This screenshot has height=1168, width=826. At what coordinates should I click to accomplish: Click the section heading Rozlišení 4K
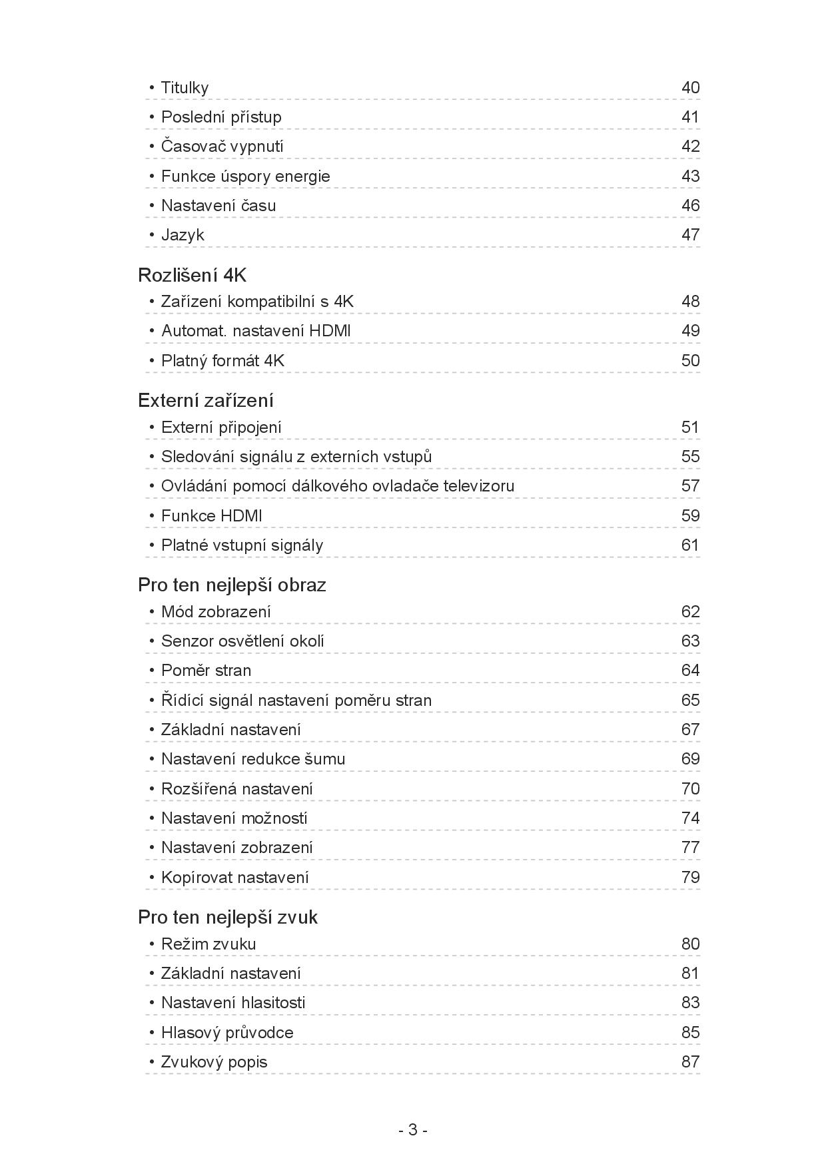[192, 275]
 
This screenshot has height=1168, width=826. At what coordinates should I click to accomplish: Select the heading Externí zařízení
[206, 400]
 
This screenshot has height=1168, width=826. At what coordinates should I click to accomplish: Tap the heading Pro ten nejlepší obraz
[232, 585]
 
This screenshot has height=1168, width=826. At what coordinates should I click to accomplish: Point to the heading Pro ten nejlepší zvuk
[227, 917]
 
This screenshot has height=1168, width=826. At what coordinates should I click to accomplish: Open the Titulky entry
[185, 88]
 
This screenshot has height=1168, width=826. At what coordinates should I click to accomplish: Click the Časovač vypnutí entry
[222, 146]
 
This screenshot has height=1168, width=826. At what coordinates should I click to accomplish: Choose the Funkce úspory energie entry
[245, 176]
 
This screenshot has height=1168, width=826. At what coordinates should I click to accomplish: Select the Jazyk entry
[183, 235]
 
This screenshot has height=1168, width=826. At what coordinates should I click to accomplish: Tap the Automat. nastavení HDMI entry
[256, 331]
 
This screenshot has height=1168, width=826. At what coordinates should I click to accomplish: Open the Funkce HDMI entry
[211, 516]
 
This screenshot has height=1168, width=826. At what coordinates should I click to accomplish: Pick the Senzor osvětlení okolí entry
[242, 641]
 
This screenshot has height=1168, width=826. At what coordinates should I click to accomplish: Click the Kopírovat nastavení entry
[234, 878]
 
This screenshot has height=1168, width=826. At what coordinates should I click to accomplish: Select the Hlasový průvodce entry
[227, 1033]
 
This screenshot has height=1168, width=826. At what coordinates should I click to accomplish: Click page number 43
[690, 176]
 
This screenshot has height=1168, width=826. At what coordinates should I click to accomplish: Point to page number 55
[690, 457]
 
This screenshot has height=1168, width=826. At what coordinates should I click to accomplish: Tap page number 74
[690, 818]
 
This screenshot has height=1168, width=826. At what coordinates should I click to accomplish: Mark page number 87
[690, 1062]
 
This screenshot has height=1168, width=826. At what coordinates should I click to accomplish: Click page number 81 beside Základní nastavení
[690, 974]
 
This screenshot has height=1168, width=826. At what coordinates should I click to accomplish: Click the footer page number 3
[412, 1130]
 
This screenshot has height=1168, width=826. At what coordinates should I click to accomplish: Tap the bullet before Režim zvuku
[152, 944]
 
